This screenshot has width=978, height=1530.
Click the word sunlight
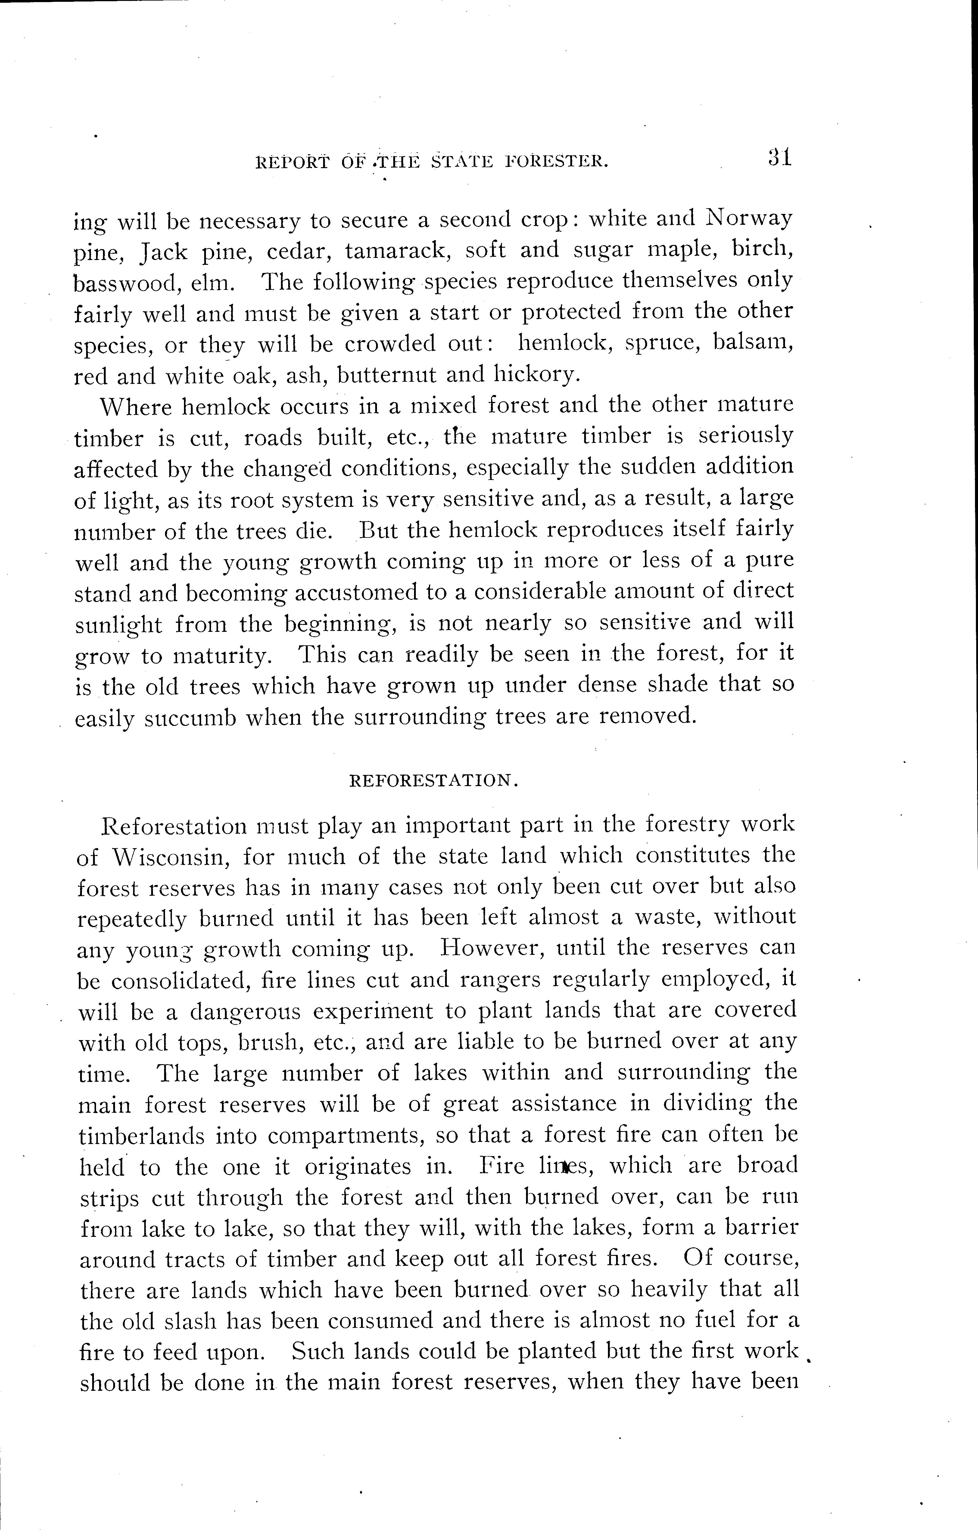click(119, 625)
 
